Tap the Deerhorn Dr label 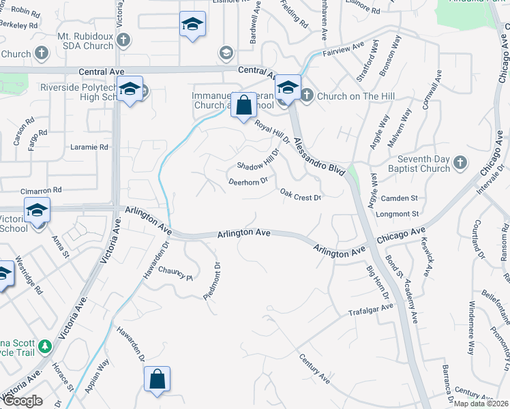tap(247, 181)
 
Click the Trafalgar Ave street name tap(372, 308)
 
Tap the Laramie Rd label tap(89, 147)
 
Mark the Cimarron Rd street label tap(42, 190)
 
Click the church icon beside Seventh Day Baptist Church tap(460, 163)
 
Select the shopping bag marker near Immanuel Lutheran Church tap(243, 105)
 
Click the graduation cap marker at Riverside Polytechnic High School tap(129, 89)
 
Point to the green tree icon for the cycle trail tap(45, 347)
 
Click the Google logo tap(22, 401)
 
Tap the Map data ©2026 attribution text tap(481, 404)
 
